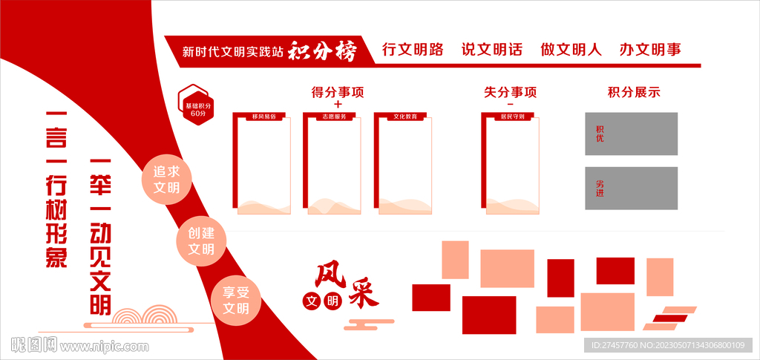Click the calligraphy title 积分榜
[x=322, y=50]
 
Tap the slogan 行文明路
[x=413, y=50]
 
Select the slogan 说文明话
[x=492, y=50]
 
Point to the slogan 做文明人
[x=571, y=50]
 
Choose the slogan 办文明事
[x=650, y=50]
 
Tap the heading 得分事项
[x=338, y=93]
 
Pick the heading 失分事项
[x=510, y=93]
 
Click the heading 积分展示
[x=634, y=93]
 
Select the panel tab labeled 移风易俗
[x=263, y=117]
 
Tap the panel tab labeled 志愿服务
[x=332, y=117]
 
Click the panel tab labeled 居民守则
[x=511, y=117]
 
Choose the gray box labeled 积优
[x=631, y=134]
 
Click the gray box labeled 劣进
[x=631, y=188]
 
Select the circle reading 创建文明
[x=201, y=240]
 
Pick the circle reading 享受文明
[x=236, y=301]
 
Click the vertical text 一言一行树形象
[x=56, y=190]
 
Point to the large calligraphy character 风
[x=330, y=276]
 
